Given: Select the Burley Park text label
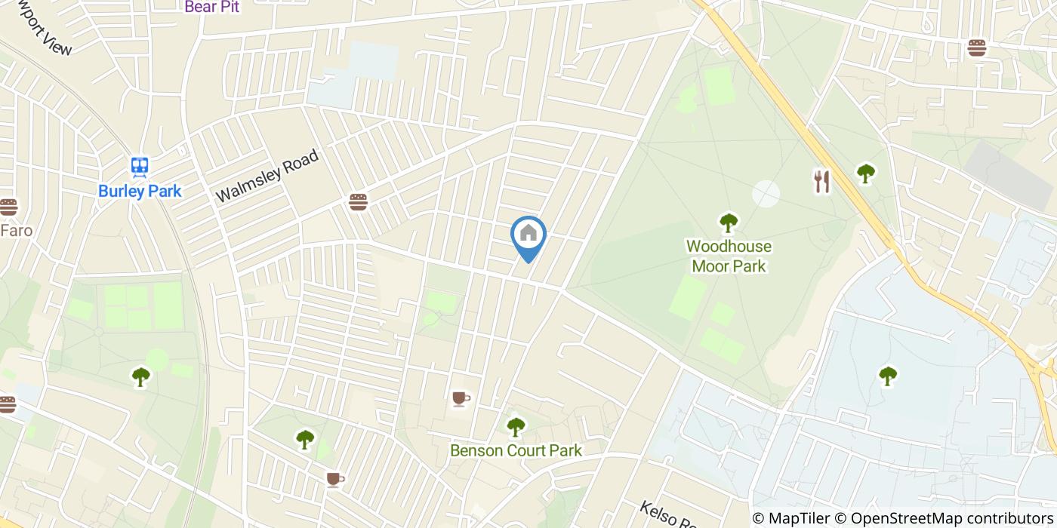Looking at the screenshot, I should (x=140, y=191).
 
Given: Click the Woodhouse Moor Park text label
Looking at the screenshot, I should (x=729, y=256).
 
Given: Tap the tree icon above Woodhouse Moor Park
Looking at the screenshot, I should (x=728, y=223).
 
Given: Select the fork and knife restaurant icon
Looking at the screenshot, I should (x=821, y=181).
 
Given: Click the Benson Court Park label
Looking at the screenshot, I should (x=516, y=450).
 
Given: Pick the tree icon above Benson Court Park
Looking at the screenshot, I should (x=516, y=427).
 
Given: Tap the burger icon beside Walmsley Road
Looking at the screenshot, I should (x=358, y=202).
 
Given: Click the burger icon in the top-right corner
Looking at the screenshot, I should (x=977, y=48).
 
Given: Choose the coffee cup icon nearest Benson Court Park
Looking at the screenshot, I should (x=461, y=398).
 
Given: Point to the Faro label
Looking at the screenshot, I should (x=17, y=230).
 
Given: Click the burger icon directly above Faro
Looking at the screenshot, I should (x=8, y=207).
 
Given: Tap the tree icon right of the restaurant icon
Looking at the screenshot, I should (x=865, y=173).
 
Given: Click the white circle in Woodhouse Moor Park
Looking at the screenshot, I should (x=766, y=193).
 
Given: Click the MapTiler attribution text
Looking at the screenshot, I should (x=799, y=518).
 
